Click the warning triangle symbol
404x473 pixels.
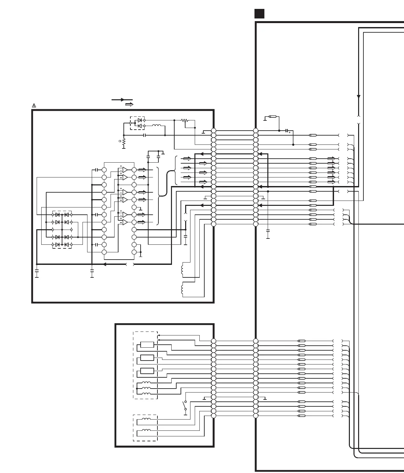click(x=34, y=106)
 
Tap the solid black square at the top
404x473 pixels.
click(x=259, y=14)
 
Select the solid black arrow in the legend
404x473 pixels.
click(x=122, y=100)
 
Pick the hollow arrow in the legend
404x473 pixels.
click(x=129, y=105)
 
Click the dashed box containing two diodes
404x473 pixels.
click(x=137, y=123)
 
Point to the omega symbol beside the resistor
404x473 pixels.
click(x=120, y=141)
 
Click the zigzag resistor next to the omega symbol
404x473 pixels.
click(x=124, y=142)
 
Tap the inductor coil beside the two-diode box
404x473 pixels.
click(x=156, y=126)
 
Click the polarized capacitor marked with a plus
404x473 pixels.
click(x=287, y=131)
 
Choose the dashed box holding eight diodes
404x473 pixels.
click(x=62, y=230)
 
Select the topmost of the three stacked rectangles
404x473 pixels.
click(x=147, y=345)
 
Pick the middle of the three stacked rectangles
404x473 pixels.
click(x=147, y=358)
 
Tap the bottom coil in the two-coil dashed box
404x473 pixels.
click(x=146, y=430)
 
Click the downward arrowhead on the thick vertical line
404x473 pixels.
click(x=359, y=97)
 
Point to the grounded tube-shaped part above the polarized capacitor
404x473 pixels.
click(x=273, y=116)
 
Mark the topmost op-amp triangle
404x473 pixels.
click(x=124, y=170)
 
